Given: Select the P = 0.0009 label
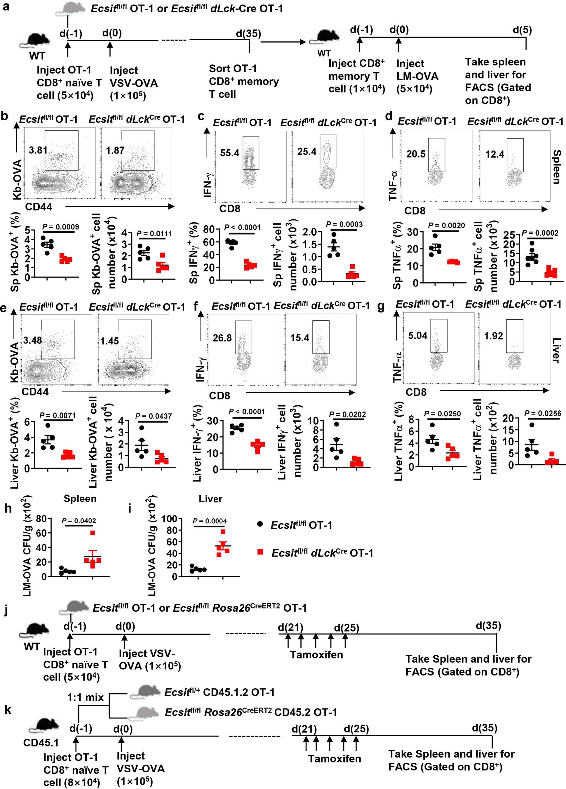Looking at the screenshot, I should [x=60, y=227].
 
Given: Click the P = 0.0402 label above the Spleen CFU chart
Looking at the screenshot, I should [x=79, y=520].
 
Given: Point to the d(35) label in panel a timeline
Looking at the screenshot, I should [x=248, y=34].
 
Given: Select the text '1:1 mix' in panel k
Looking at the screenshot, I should [x=85, y=697].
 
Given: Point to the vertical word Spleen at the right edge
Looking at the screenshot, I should [x=556, y=167].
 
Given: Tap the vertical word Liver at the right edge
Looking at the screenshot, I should [x=556, y=350].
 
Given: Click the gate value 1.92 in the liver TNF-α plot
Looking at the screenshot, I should [x=493, y=336].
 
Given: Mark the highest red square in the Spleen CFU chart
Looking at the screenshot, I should [x=93, y=533].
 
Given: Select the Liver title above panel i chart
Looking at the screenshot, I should [x=210, y=499].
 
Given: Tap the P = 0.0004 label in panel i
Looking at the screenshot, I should [x=210, y=521].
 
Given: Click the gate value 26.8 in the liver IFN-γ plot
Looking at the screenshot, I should [x=222, y=338].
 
